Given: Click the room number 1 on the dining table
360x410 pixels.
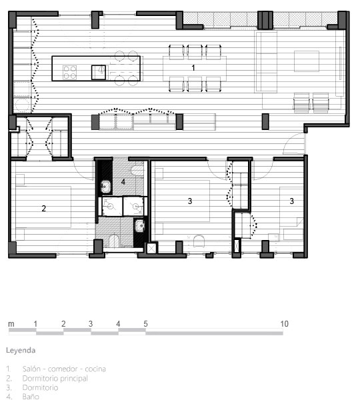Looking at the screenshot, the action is click(193, 68).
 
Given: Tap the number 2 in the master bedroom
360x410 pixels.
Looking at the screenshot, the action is click(43, 209).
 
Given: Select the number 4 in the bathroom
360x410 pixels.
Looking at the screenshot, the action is click(123, 182).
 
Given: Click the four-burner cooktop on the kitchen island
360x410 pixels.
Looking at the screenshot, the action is click(69, 72).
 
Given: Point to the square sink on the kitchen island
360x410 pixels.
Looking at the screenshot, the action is click(99, 73).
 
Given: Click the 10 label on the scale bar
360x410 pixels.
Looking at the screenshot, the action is click(285, 324).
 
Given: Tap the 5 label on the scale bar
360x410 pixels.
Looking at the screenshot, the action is click(145, 324).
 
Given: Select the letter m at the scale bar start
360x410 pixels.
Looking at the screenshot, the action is click(11, 324).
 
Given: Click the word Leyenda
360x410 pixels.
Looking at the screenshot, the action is click(21, 351).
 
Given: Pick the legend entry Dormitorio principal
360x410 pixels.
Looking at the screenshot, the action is click(55, 379).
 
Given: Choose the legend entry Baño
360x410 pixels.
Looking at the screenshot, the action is click(31, 397).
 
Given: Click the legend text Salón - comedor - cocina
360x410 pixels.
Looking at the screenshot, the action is click(64, 369).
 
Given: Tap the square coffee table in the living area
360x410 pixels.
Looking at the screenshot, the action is click(307, 61).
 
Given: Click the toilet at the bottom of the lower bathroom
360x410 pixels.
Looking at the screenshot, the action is click(114, 241).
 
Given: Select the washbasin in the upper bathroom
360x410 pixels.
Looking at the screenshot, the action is click(105, 186).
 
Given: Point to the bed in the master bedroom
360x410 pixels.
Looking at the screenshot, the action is click(43, 207).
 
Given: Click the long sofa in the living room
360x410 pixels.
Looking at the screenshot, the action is click(266, 62).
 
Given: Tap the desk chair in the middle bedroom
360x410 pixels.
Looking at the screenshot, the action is click(199, 241).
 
